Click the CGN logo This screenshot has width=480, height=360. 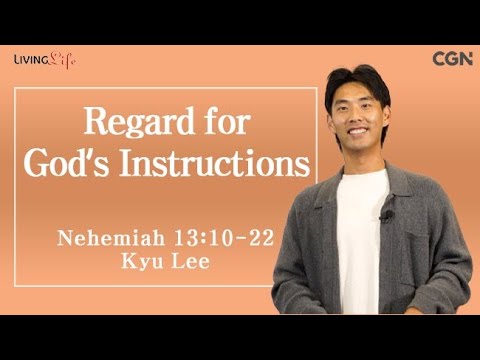(452, 58)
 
